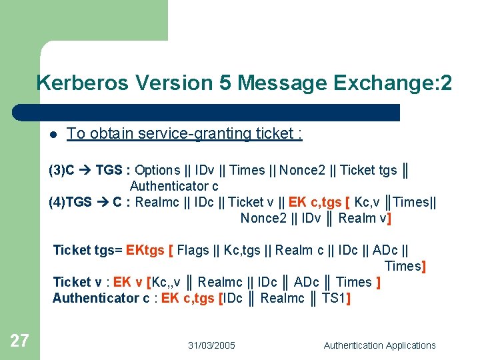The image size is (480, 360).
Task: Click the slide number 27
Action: (19, 341)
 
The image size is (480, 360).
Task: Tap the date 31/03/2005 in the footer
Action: (211, 345)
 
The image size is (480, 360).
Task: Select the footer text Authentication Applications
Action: (379, 345)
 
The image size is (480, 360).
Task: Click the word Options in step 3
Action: (157, 170)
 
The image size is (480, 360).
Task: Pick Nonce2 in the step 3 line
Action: (302, 170)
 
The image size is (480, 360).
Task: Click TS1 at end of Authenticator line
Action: (333, 298)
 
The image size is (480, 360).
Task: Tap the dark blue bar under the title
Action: (207, 112)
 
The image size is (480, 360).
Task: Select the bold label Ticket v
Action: (77, 282)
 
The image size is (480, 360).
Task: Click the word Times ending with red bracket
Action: (402, 266)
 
